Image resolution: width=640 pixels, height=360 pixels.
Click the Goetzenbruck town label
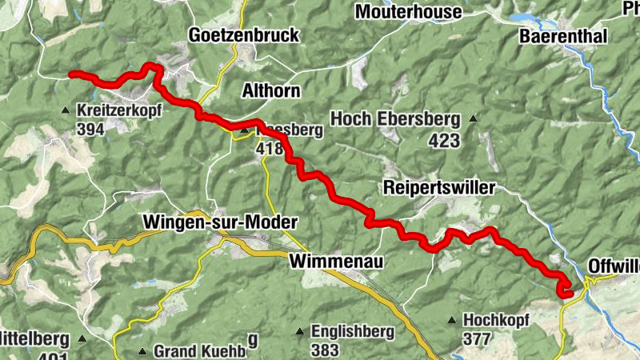click(x=243, y=35)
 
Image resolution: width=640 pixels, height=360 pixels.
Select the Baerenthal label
click(x=564, y=36)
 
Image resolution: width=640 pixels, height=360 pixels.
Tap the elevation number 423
click(x=445, y=142)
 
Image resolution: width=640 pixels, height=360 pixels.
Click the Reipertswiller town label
click(x=440, y=187)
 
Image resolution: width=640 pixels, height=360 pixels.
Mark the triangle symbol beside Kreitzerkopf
click(x=66, y=110)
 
